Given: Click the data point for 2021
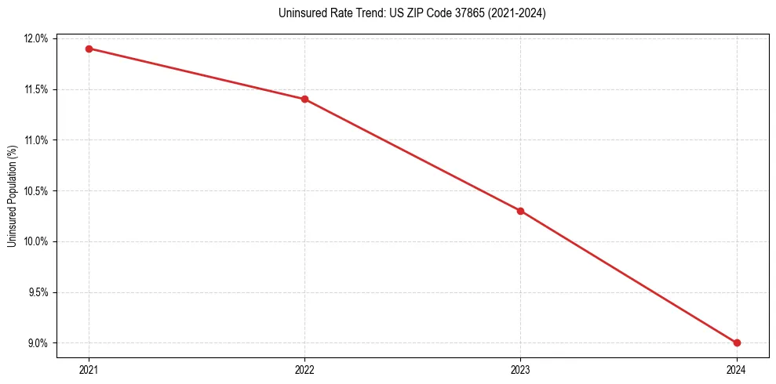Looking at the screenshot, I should tap(89, 49).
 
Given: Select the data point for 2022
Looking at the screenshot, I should tap(304, 99).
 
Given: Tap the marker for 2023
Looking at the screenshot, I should tap(520, 211).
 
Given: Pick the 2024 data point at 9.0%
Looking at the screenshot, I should tap(737, 342).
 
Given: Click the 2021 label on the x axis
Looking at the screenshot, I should tap(89, 369).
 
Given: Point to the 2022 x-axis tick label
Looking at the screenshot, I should tap(304, 369).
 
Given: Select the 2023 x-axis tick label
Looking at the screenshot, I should tap(520, 369).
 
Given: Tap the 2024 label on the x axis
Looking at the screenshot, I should tap(737, 369).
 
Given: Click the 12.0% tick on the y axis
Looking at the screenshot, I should tap(37, 39).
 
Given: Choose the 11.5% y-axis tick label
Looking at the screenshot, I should tap(37, 89).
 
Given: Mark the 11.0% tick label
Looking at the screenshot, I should tap(37, 140).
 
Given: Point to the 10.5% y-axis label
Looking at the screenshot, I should tap(37, 191).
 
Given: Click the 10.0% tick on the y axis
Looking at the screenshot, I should tap(37, 241).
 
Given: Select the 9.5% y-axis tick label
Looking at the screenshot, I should tap(38, 292).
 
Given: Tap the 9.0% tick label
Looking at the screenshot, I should tap(38, 343).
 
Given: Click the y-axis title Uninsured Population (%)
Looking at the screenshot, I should tap(12, 195).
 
